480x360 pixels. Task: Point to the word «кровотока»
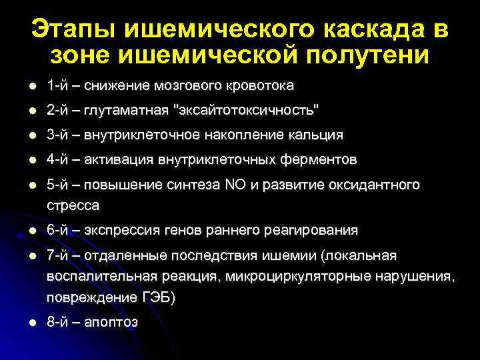click(264, 86)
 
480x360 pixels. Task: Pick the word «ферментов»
click(323, 160)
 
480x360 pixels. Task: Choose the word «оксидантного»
click(379, 185)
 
